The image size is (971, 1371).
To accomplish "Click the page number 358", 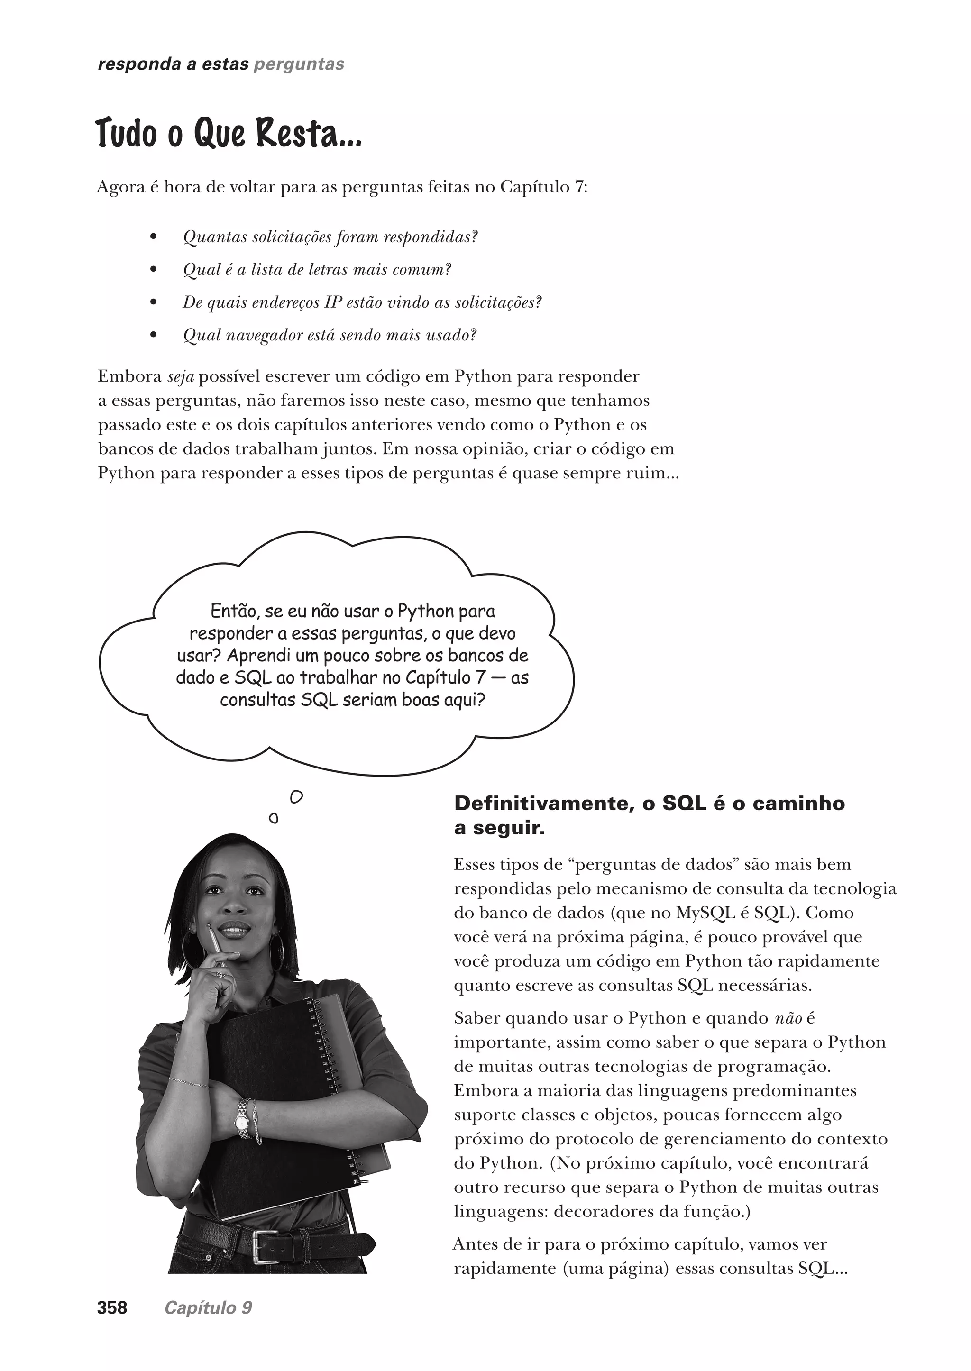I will click(x=112, y=1307).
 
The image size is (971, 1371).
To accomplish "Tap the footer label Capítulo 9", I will click(x=208, y=1307).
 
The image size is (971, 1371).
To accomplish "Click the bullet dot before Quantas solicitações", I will click(x=153, y=238).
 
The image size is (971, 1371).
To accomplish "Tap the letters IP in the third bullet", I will click(x=332, y=302).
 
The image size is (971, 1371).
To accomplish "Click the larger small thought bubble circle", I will click(x=296, y=797).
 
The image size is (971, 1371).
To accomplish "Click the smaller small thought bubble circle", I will click(x=273, y=818).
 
